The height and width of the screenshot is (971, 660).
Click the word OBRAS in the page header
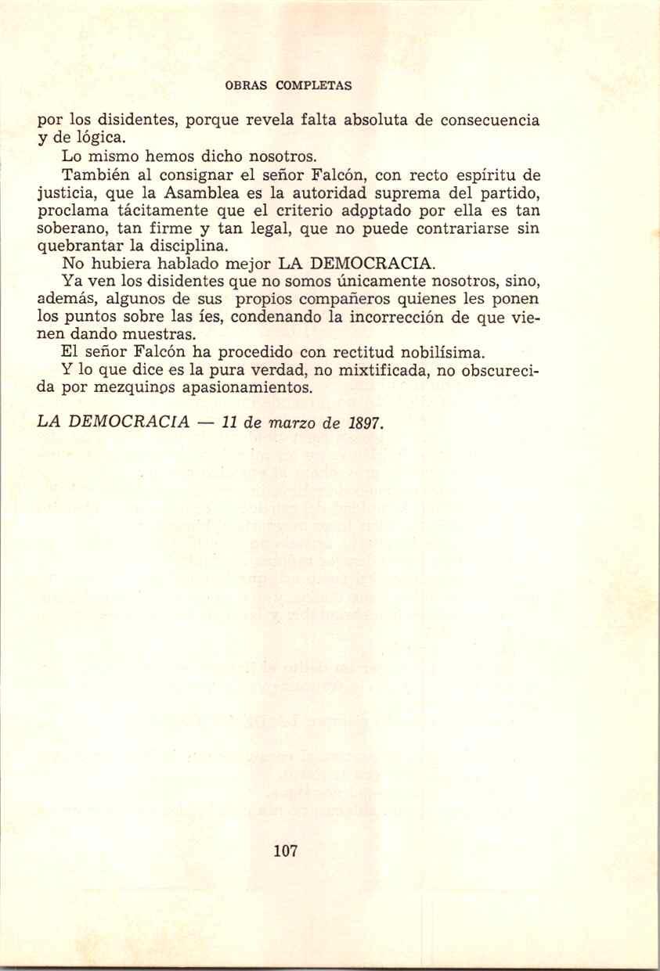[x=243, y=85]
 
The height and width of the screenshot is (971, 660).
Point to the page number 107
[x=285, y=851]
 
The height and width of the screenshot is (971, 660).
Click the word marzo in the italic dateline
[x=293, y=423]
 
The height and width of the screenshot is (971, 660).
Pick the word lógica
[x=97, y=138]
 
